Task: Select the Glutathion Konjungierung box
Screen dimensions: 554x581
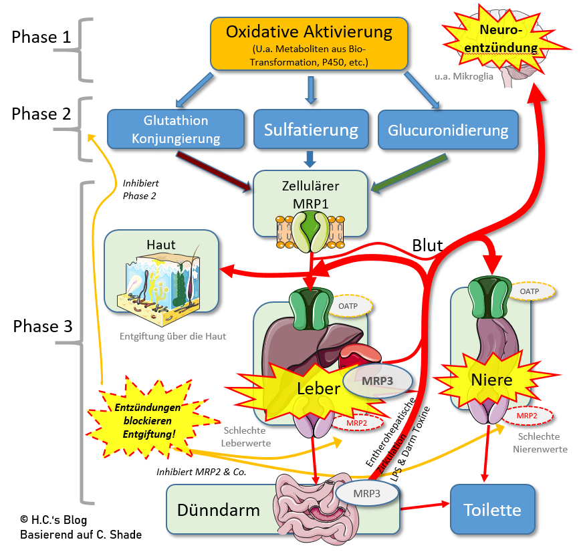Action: (177, 130)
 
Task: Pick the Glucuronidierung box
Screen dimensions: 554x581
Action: (448, 130)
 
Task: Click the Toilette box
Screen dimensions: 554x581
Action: (492, 511)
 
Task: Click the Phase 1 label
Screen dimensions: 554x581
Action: (41, 36)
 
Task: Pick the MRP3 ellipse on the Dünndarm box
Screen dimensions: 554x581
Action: (367, 493)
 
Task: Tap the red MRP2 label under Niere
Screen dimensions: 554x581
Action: (527, 416)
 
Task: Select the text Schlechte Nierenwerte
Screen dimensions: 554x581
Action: (542, 442)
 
